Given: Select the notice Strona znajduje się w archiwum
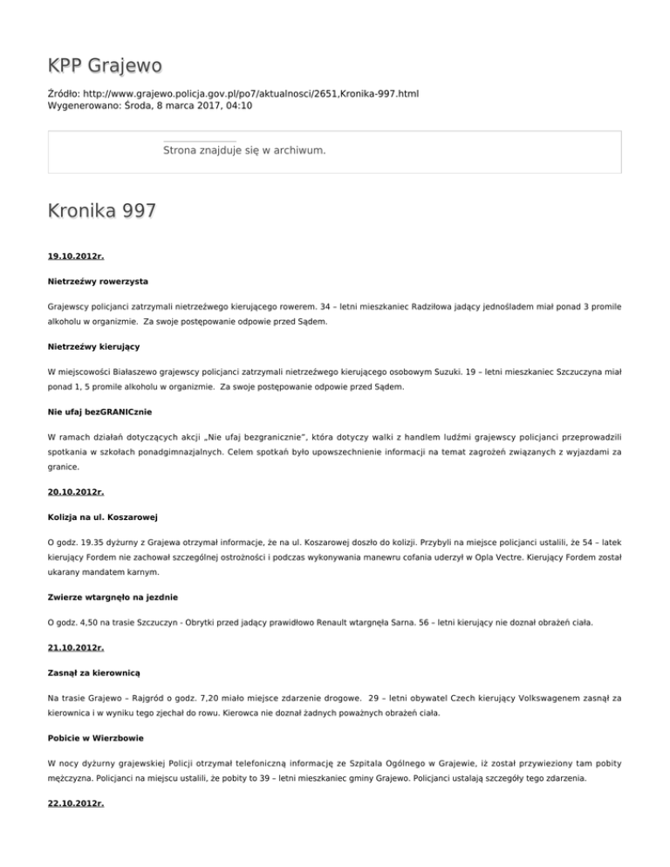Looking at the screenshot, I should (244, 151).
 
